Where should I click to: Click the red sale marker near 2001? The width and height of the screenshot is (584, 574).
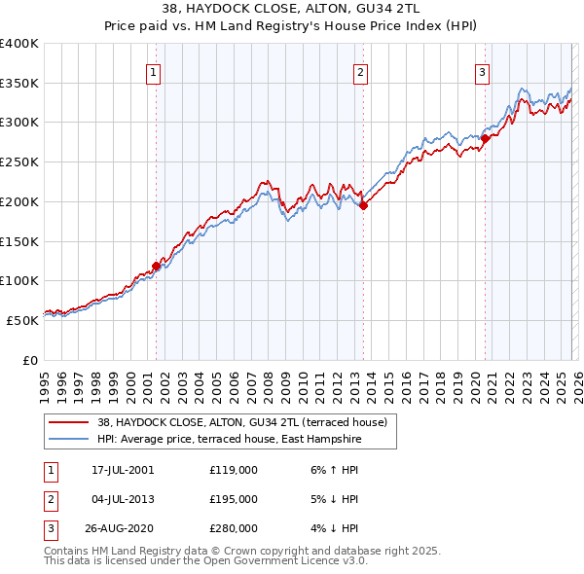156,266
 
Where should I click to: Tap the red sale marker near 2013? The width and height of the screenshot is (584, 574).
363,205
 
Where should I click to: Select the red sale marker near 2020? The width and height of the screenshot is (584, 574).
485,138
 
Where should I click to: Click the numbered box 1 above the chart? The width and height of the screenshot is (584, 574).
154,71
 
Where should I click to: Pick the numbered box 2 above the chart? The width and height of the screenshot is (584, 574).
360,71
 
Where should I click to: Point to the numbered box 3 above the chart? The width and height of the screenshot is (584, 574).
483,71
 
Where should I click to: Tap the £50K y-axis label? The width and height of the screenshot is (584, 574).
21,320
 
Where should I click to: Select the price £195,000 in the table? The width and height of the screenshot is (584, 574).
234,499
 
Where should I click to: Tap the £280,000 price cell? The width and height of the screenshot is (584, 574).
234,529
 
